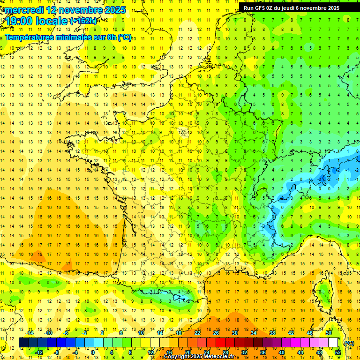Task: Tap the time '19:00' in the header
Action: click(x=19, y=21)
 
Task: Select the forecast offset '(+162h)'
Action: click(x=83, y=21)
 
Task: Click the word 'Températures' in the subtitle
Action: click(x=28, y=37)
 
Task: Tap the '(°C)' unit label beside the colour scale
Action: click(x=348, y=343)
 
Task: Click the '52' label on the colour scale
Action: click(x=337, y=352)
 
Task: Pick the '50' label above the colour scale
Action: click(x=328, y=333)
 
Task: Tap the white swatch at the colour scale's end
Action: click(x=333, y=343)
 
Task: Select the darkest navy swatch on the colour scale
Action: click(x=24, y=343)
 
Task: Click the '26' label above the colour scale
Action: click(x=216, y=333)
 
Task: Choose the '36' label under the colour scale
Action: click(x=262, y=352)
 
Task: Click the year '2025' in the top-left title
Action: click(x=115, y=10)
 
